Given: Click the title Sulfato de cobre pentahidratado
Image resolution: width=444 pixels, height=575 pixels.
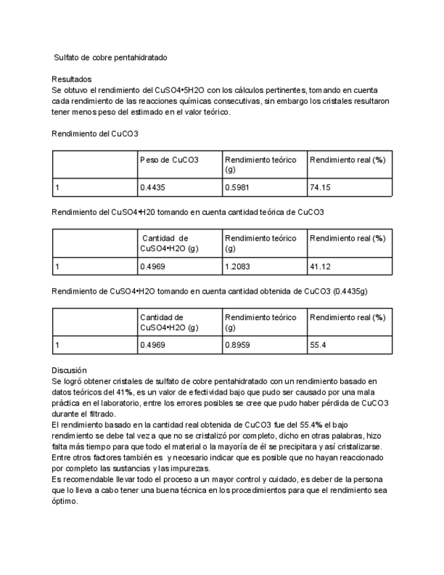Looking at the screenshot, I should (110, 58).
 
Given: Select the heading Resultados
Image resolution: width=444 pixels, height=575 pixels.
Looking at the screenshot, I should (71, 79).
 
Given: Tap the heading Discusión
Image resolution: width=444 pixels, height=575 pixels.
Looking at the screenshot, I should (69, 370).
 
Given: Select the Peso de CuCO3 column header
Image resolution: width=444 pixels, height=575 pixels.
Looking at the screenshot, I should (169, 160).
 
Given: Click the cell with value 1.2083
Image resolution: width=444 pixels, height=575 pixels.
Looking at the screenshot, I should (237, 266).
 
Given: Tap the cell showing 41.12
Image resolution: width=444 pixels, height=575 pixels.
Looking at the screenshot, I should (320, 266).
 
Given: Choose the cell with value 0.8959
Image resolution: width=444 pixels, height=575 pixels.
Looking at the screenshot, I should (237, 345).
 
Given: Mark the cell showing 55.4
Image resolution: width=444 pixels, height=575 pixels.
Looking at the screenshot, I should (318, 345).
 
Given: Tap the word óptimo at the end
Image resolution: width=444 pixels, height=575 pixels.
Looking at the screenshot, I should (65, 502).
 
